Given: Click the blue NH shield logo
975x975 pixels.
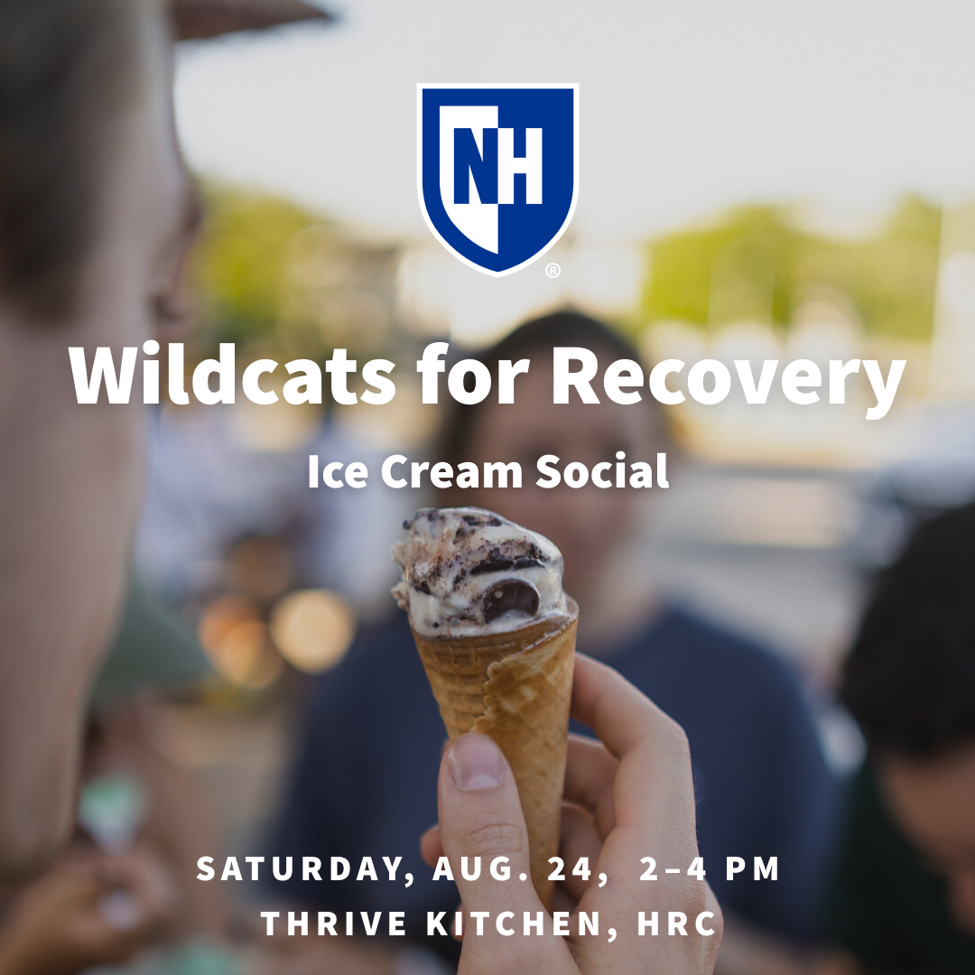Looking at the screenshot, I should pyautogui.click(x=497, y=176).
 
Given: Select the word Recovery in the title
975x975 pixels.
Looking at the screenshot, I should pyautogui.click(x=728, y=377).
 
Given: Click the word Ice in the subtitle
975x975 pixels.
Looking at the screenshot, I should pyautogui.click(x=337, y=472).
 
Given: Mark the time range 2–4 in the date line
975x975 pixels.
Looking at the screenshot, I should pyautogui.click(x=669, y=869).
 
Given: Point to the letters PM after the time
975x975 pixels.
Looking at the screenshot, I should pyautogui.click(x=751, y=869).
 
